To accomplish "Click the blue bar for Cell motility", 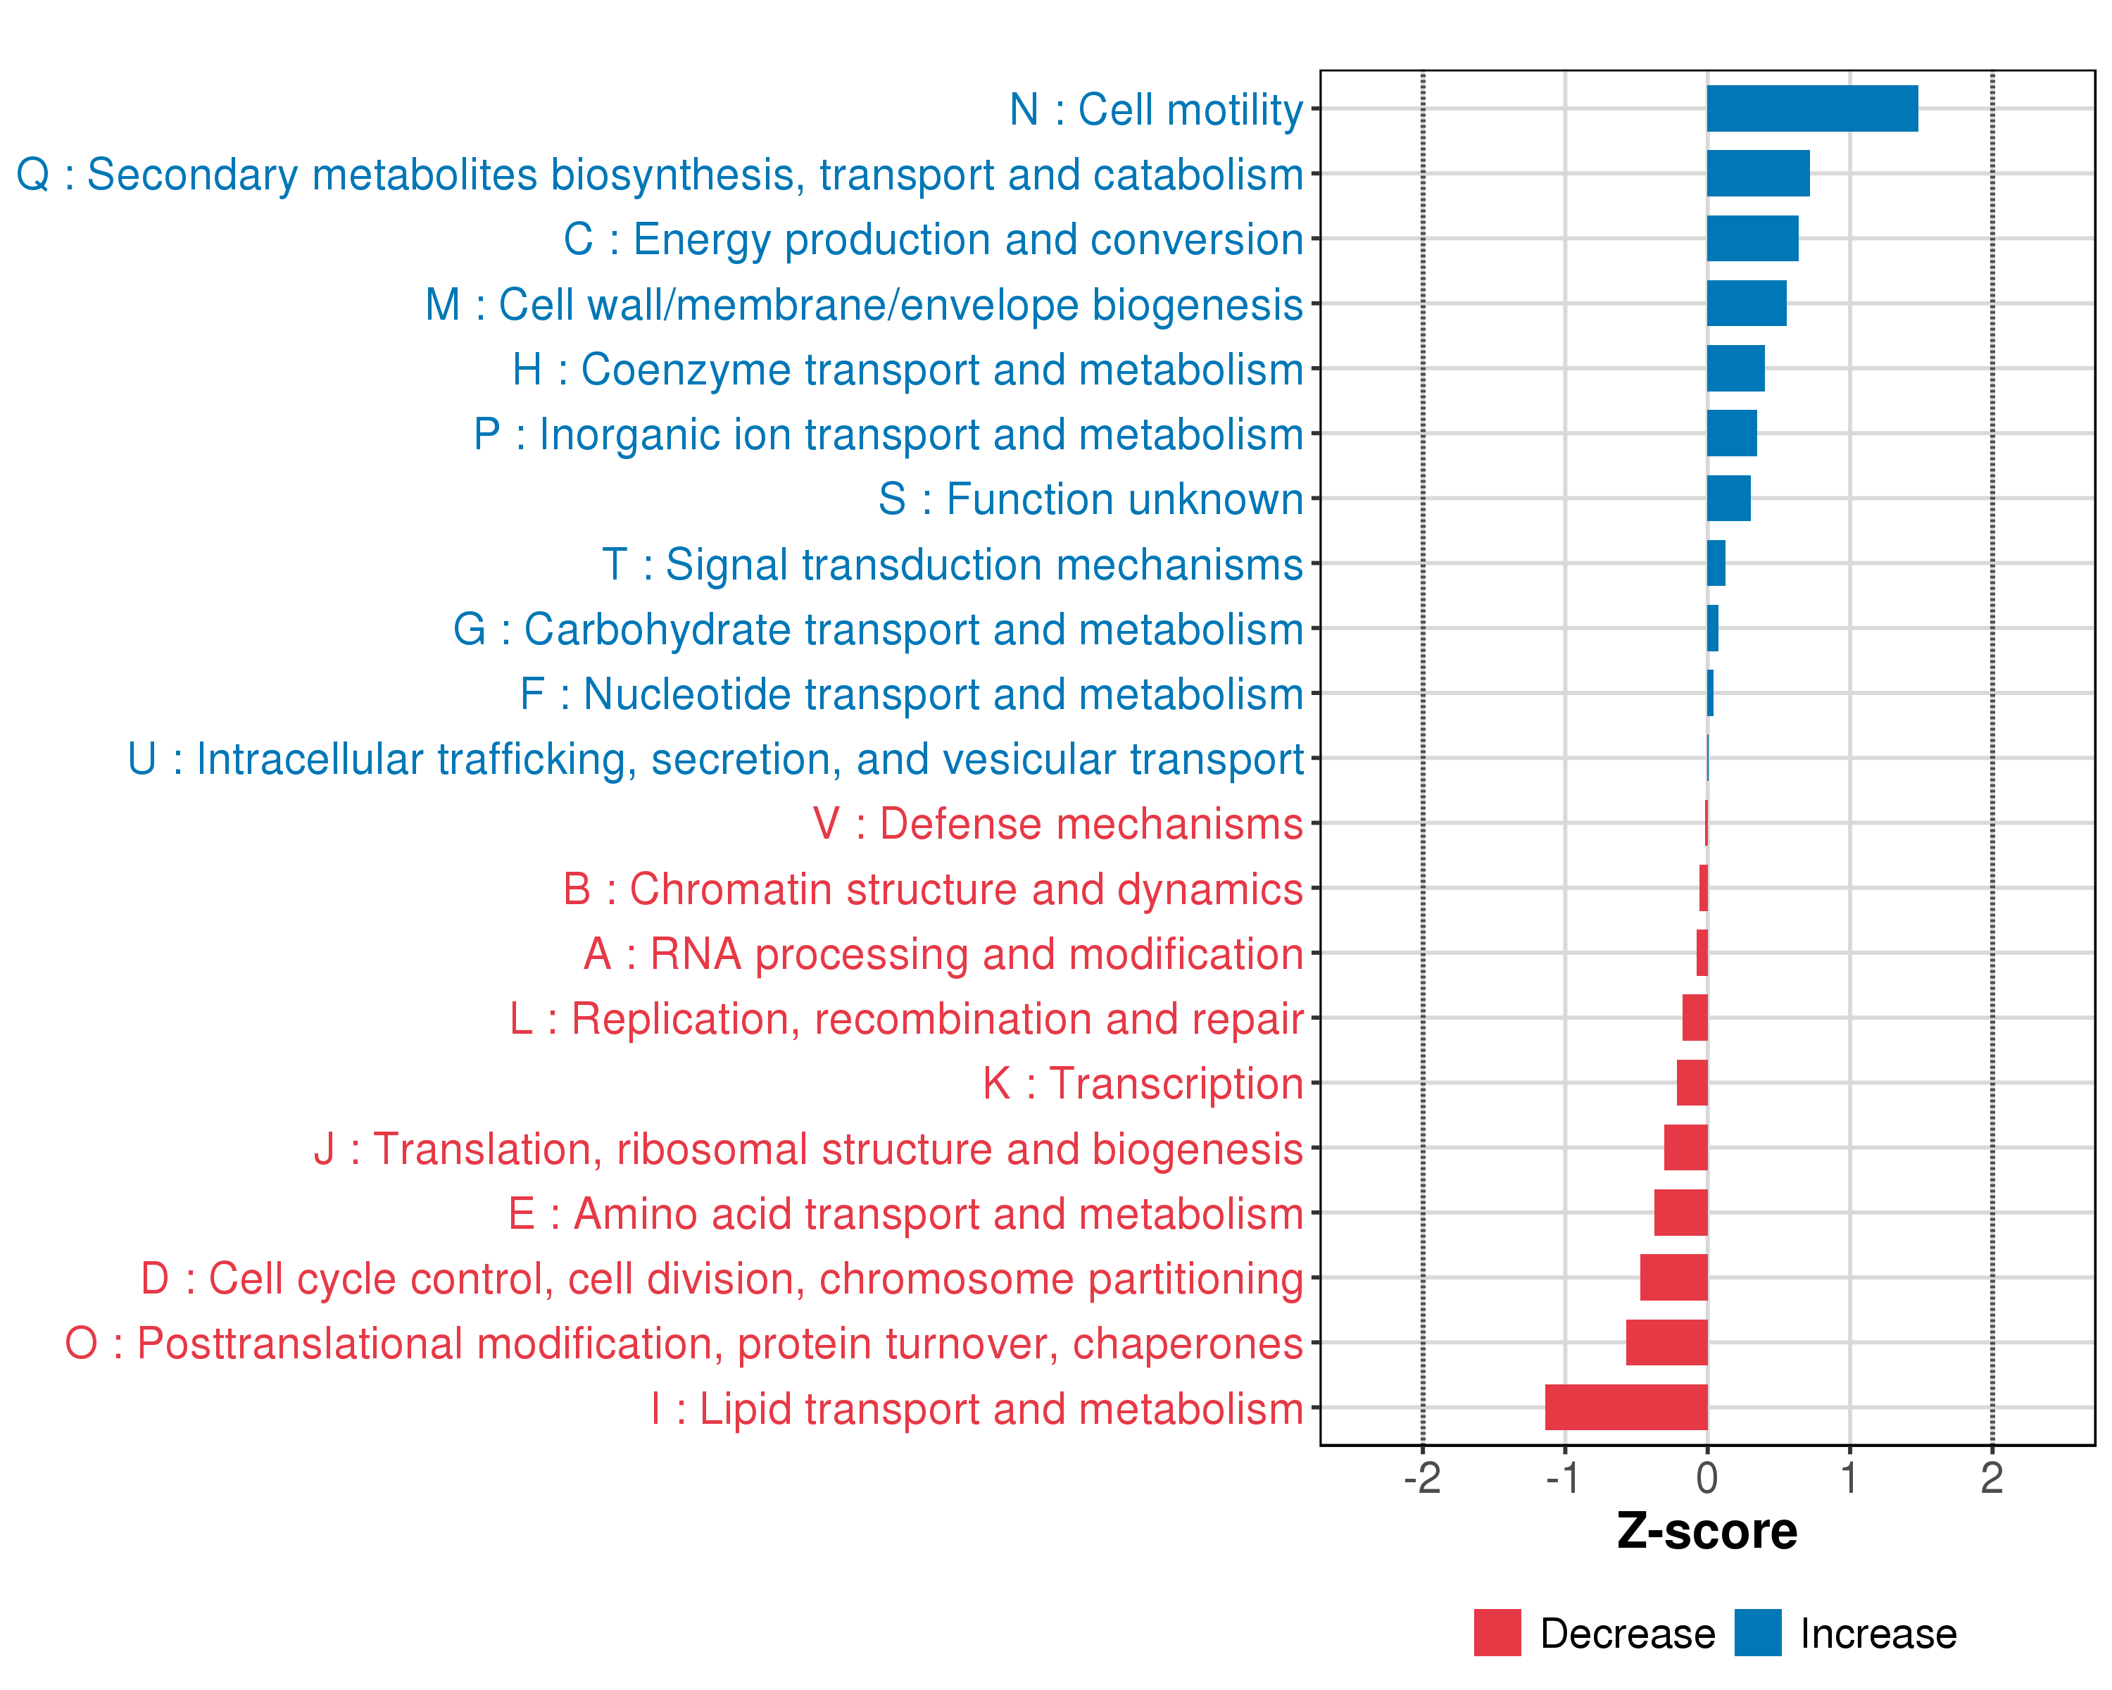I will tap(1811, 108).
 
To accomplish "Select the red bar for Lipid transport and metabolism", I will tap(1626, 1407).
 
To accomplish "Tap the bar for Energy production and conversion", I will tap(1752, 239).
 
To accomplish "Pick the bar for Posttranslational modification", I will tap(1666, 1342).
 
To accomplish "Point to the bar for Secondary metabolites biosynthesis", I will tap(1759, 173).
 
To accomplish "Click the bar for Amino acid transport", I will tap(1681, 1213).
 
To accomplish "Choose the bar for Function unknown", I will tap(1729, 499).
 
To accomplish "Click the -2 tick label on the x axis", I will tap(1421, 1478).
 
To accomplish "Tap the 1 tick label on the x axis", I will tap(1849, 1478).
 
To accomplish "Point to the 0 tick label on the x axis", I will tap(1707, 1478).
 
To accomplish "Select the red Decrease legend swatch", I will tap(1497, 1633).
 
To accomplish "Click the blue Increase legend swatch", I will tap(1757, 1633).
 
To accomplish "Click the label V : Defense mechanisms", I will tap(1058, 824).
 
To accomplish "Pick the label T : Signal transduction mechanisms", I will tap(953, 564).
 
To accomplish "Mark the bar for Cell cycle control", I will tap(1673, 1277).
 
